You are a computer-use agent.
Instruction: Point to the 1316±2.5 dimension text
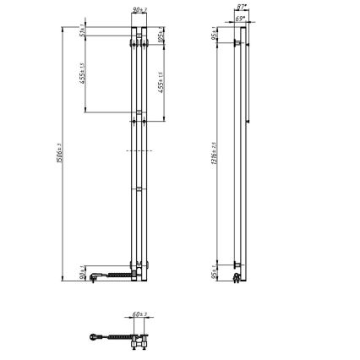point(215,152)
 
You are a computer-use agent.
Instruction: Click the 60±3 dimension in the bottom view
point(140,315)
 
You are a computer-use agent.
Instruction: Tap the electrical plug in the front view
point(94,275)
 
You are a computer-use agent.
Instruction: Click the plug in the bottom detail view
point(94,335)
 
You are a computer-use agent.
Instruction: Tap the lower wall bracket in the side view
point(238,273)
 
